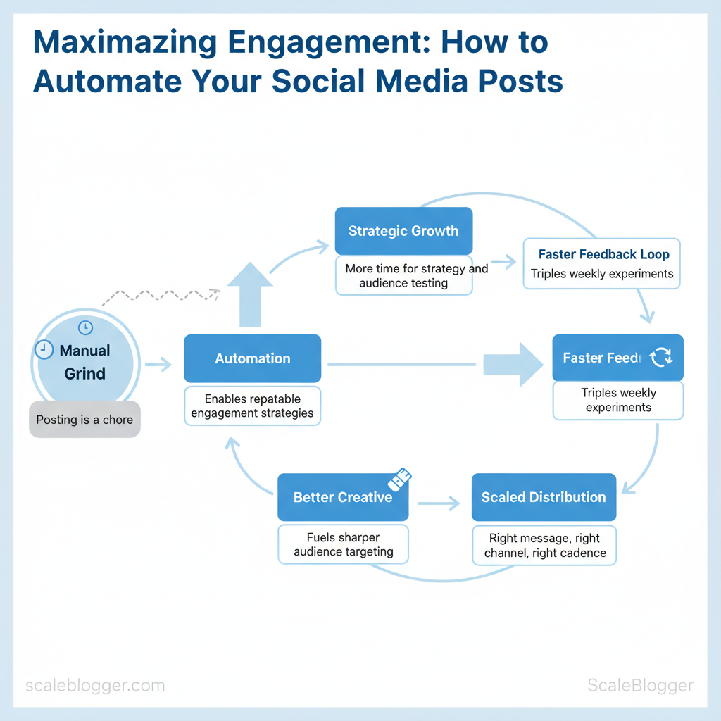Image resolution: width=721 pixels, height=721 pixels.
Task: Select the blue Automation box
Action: coord(252,358)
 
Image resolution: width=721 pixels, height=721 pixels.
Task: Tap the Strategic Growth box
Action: coord(403,231)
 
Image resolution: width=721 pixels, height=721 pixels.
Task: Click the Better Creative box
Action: coord(343,497)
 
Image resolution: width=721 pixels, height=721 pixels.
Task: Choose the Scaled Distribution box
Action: coord(543,497)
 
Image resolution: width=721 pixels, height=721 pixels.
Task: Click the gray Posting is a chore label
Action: coord(84,420)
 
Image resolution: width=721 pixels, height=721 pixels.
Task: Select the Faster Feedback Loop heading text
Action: coord(603,254)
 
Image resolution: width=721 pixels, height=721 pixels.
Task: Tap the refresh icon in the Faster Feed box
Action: coord(661,358)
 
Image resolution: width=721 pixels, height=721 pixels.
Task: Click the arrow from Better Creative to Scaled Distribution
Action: coord(439,503)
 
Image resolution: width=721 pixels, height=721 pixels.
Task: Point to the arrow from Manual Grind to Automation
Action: coord(158,365)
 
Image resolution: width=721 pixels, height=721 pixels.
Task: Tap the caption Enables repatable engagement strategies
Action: coord(252,406)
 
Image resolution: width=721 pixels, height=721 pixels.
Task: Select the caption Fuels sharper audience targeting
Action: coord(343,545)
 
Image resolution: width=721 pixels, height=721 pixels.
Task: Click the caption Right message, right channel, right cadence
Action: coord(544,546)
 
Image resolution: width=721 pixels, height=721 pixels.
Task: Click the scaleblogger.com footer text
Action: coord(95,686)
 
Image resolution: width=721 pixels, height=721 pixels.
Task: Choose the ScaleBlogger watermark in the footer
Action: coord(639,686)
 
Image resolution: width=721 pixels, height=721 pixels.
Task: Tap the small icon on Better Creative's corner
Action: coord(400,479)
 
